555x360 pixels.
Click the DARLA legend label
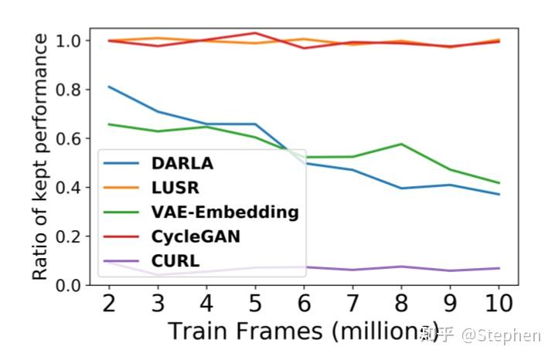pos(182,163)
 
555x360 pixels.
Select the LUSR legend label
pos(175,188)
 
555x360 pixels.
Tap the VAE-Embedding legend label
pos(225,212)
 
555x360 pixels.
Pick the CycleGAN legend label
pos(196,236)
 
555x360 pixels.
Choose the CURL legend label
pos(175,261)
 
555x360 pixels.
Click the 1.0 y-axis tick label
pos(67,41)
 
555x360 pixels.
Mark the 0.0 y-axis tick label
pos(67,285)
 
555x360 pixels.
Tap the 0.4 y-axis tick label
pos(67,188)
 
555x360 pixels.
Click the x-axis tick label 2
pos(109,304)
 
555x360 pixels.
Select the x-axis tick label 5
pos(255,304)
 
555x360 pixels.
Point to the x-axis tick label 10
pos(499,304)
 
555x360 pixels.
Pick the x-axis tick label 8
pos(401,304)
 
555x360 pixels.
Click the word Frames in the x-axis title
pos(279,331)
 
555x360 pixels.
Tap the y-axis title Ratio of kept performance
pos(39,157)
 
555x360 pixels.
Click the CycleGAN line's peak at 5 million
pos(255,33)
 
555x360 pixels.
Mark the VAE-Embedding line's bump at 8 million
pos(401,144)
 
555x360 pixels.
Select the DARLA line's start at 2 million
pos(109,87)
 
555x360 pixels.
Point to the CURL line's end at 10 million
pos(499,268)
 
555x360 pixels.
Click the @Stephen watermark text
pos(501,335)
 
